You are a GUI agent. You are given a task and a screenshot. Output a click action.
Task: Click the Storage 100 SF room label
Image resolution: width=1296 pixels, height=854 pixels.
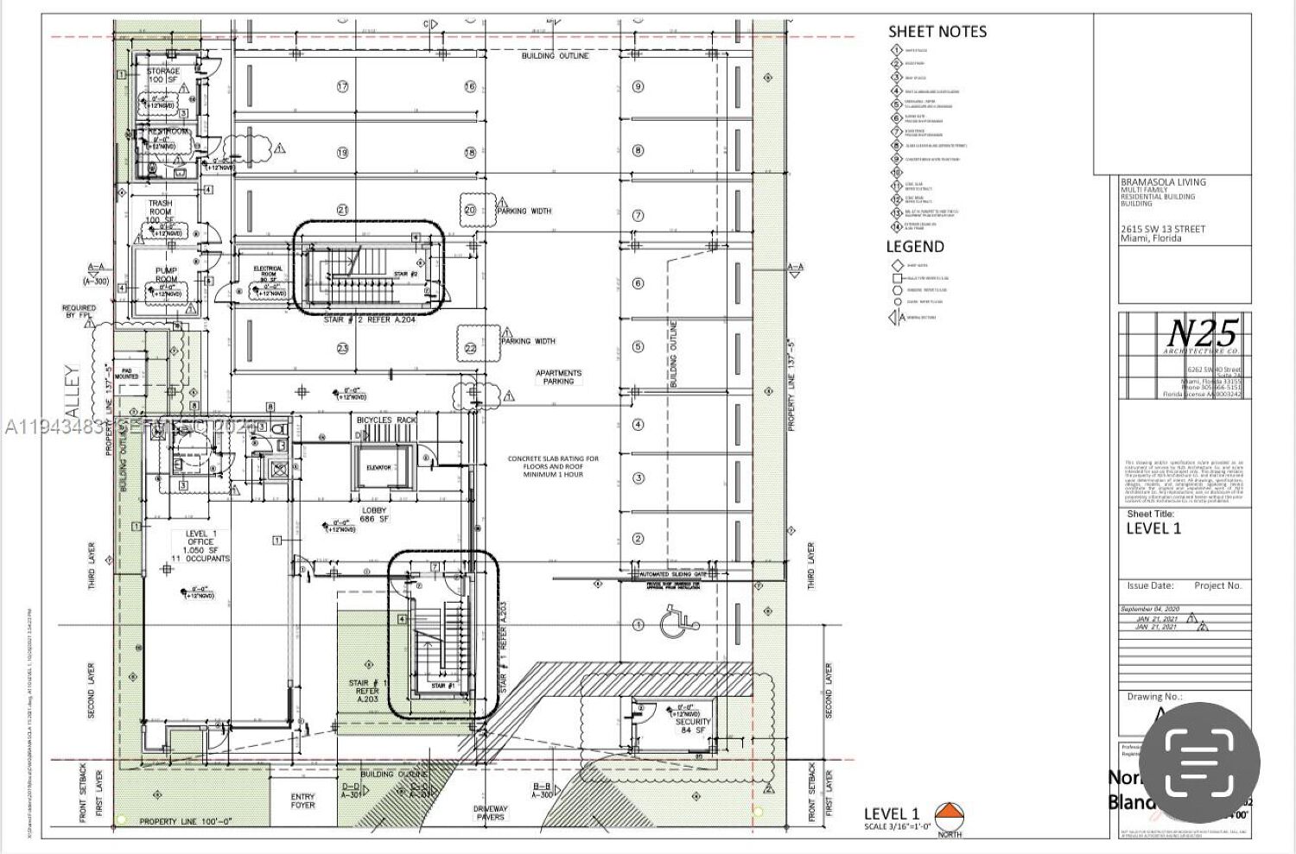point(163,75)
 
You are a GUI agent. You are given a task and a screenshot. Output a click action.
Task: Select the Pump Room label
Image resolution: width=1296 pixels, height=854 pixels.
point(166,275)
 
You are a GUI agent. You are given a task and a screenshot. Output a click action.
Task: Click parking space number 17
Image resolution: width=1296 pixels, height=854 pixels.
point(342,86)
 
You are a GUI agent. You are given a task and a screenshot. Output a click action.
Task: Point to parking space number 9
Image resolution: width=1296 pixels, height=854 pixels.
point(638,86)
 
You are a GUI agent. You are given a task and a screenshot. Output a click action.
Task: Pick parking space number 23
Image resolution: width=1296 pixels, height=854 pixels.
point(342,348)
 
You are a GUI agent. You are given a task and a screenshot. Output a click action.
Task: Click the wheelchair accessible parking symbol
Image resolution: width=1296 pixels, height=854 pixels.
point(674,623)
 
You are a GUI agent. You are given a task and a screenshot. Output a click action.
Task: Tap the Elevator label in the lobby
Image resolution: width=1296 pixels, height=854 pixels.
point(378,467)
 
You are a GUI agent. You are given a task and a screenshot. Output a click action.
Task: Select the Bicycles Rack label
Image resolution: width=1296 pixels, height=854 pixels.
point(386,421)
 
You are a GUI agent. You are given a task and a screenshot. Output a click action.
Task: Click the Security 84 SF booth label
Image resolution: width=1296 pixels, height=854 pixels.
point(692,725)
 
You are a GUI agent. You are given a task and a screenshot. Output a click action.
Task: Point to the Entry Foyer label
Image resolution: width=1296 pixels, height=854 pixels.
point(303,800)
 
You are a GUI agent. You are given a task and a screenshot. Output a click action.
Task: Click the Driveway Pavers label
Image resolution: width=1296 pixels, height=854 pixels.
point(491,813)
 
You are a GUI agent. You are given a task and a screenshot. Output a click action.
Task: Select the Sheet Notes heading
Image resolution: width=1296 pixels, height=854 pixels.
point(937,32)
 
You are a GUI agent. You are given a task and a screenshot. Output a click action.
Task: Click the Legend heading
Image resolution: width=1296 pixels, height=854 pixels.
point(915,247)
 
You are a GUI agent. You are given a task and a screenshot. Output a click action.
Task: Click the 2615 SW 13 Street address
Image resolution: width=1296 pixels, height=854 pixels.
point(1162,229)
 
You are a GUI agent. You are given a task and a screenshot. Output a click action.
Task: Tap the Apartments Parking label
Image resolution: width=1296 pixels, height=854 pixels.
point(559,376)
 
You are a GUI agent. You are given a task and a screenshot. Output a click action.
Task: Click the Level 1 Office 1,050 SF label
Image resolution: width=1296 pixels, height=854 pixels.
point(201,546)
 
